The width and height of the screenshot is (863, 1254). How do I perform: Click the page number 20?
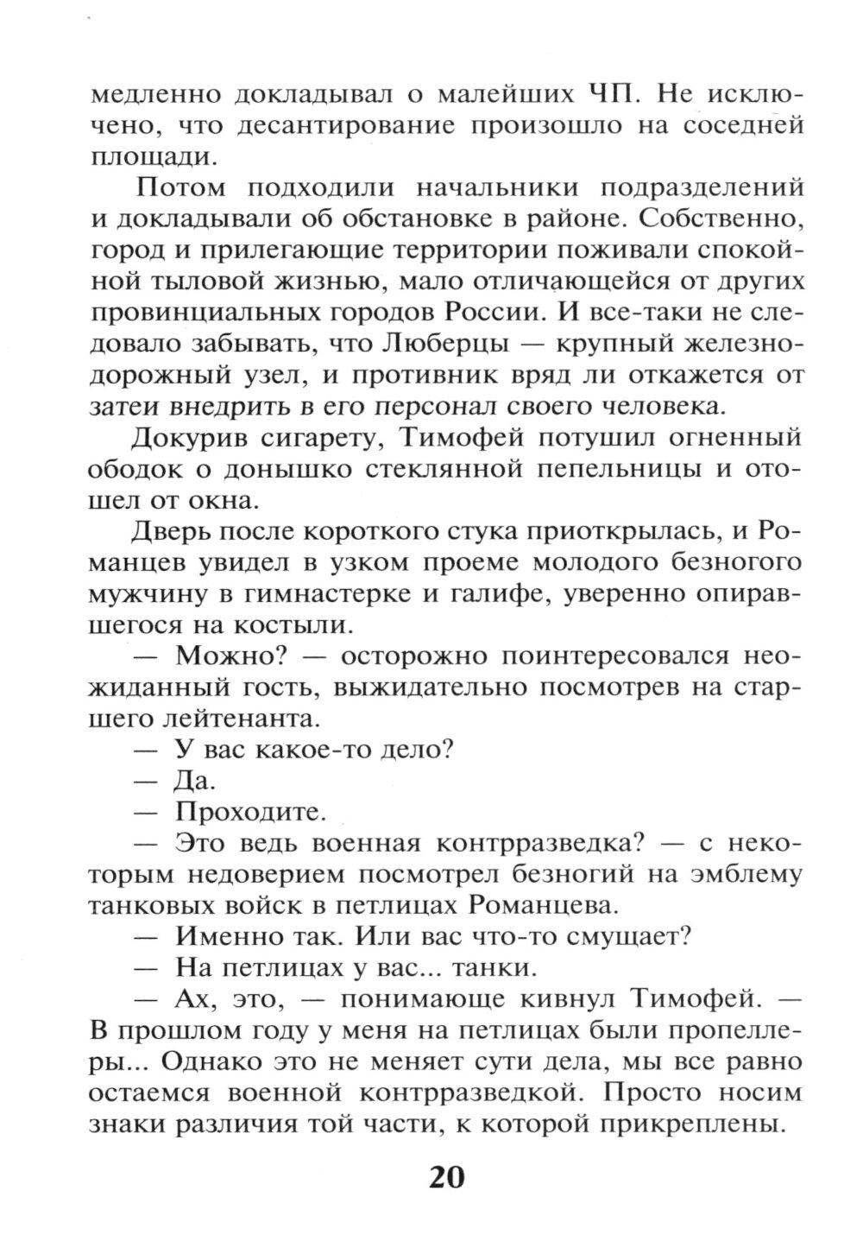[446, 1177]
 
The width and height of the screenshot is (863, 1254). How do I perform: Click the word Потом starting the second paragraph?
[180, 187]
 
